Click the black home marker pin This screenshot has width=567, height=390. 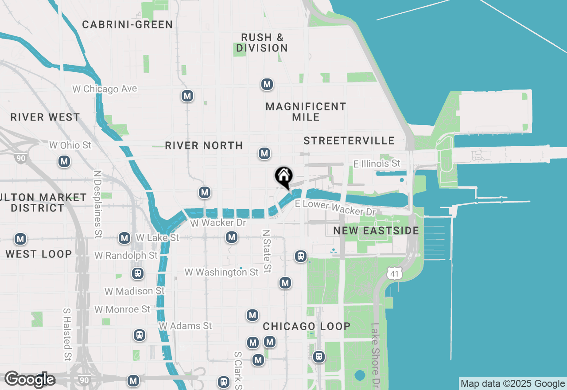point(283,176)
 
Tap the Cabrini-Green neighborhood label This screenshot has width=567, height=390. point(128,24)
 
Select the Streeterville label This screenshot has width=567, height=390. point(349,140)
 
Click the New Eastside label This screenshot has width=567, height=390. point(376,230)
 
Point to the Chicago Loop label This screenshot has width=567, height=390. point(307,326)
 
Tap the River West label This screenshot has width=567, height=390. point(45,117)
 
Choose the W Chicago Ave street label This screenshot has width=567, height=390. point(105,89)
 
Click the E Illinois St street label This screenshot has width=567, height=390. point(377,164)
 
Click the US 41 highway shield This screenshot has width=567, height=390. point(394,273)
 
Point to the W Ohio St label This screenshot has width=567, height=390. point(70,145)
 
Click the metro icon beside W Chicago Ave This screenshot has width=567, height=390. point(187,96)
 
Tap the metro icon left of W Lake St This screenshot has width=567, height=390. point(124,238)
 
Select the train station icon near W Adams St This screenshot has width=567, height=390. point(140,335)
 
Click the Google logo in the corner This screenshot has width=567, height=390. point(30,379)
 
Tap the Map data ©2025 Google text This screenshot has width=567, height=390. point(513,384)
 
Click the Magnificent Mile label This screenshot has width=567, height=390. point(306,112)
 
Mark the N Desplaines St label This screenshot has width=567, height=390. point(98,197)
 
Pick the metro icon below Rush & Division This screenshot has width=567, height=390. point(267,84)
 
